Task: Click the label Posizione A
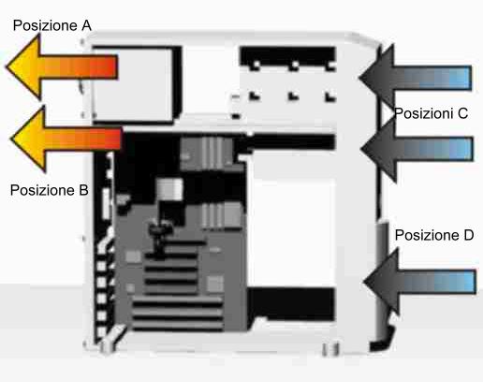coord(52,25)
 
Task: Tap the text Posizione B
coord(50,190)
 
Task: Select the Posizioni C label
coord(431,113)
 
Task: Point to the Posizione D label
coord(434,235)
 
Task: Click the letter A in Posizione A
coord(86,25)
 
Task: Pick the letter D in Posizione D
coord(468,235)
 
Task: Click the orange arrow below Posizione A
coord(62,66)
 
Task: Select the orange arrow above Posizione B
coord(66,139)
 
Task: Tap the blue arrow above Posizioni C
coord(415,77)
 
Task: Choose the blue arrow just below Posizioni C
coord(417,149)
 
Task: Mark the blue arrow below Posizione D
coord(420,282)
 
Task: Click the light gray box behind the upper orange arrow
coord(133,84)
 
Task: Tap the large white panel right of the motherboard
coord(292,218)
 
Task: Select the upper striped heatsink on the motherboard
coord(207,154)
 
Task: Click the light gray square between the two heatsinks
coord(169,189)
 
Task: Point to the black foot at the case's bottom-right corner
coord(382,340)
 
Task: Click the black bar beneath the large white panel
coord(292,304)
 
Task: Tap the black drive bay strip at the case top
coord(287,56)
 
